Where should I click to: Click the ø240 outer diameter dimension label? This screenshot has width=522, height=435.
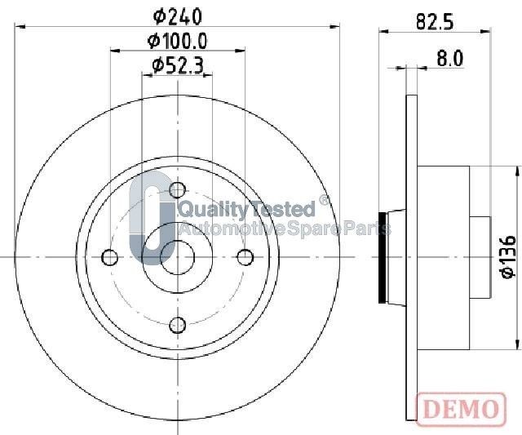click(178, 16)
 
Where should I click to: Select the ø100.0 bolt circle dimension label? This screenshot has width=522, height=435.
click(178, 41)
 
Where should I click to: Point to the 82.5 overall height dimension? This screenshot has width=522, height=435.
click(434, 22)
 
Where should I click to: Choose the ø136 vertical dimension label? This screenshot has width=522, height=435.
click(507, 256)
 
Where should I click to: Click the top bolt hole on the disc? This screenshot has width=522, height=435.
click(177, 191)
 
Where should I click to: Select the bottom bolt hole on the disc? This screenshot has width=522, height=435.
click(177, 326)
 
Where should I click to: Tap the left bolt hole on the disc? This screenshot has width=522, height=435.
click(109, 258)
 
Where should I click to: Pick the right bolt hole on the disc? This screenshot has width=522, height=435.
click(245, 258)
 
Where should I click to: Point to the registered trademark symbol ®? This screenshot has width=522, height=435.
click(324, 201)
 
